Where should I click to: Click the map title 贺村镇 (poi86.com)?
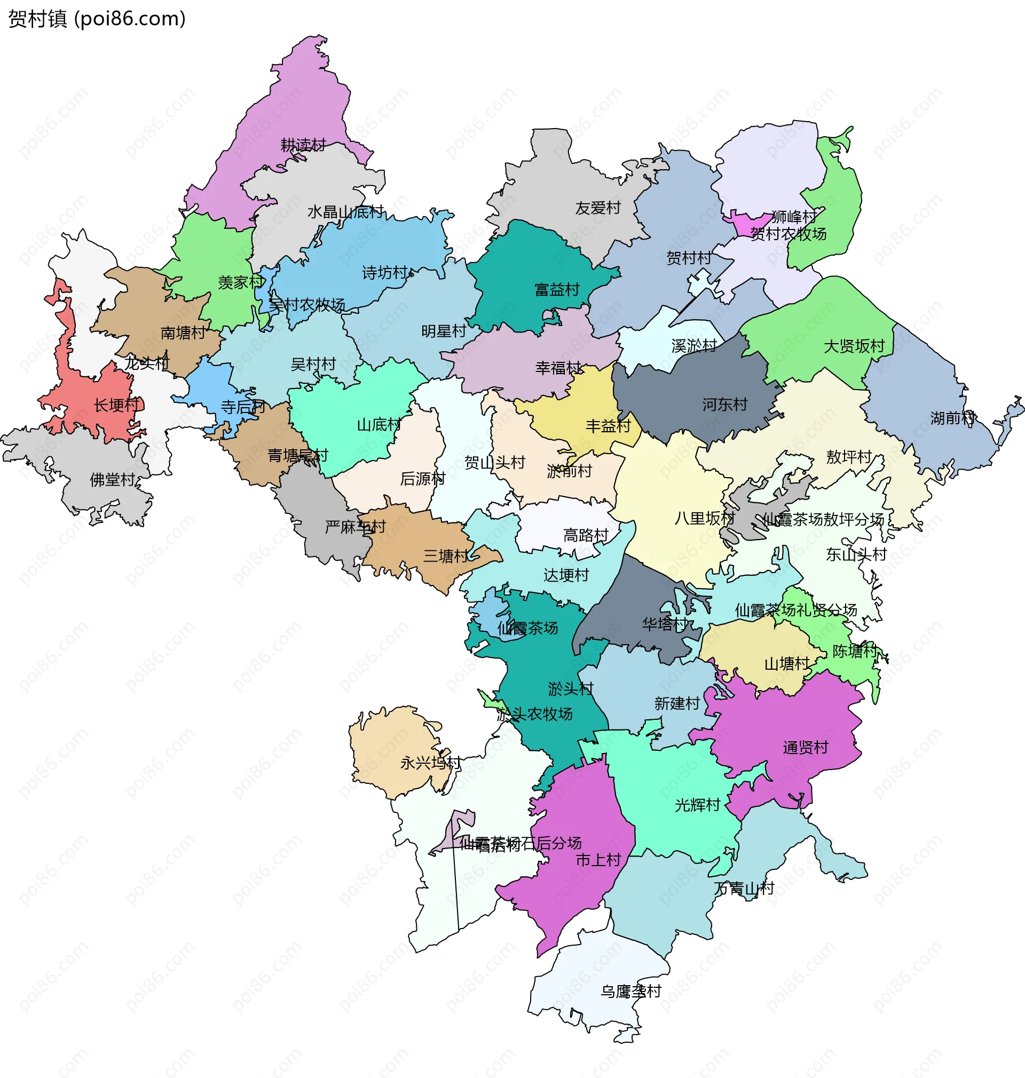[x=97, y=19]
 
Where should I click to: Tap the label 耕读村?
[x=303, y=145]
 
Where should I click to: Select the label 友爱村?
[x=598, y=208]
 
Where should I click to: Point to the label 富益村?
[x=557, y=289]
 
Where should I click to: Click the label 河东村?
[x=724, y=405]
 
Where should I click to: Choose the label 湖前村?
[x=952, y=418]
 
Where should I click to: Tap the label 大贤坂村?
[x=854, y=346]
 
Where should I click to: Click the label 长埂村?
[x=116, y=405]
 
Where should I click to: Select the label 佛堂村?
[x=113, y=480]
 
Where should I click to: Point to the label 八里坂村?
[x=704, y=518]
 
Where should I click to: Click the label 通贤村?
[x=806, y=748]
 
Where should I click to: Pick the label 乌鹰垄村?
[x=630, y=991]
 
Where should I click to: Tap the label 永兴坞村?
[x=430, y=763]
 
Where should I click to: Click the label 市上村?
[x=598, y=860]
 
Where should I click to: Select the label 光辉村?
[x=697, y=805]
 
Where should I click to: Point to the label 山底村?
[x=379, y=425]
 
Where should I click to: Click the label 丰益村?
[x=608, y=426]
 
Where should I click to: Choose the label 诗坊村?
[x=385, y=273]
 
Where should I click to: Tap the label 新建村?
[x=677, y=703]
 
